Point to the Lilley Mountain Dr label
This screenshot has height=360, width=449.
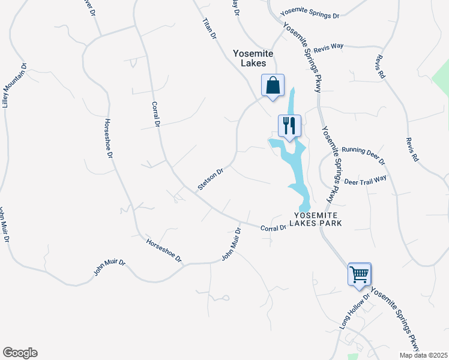(x=15, y=85)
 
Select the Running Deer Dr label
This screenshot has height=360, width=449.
(x=363, y=155)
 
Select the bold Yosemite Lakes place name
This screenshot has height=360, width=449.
(x=253, y=58)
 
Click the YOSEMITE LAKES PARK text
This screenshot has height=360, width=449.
(x=318, y=219)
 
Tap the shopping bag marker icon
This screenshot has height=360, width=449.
(x=273, y=85)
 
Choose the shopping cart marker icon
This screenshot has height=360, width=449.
(x=360, y=275)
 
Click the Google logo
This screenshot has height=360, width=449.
(x=20, y=353)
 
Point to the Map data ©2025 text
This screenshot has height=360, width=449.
(x=424, y=355)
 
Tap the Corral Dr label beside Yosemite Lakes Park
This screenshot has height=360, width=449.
(x=273, y=228)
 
